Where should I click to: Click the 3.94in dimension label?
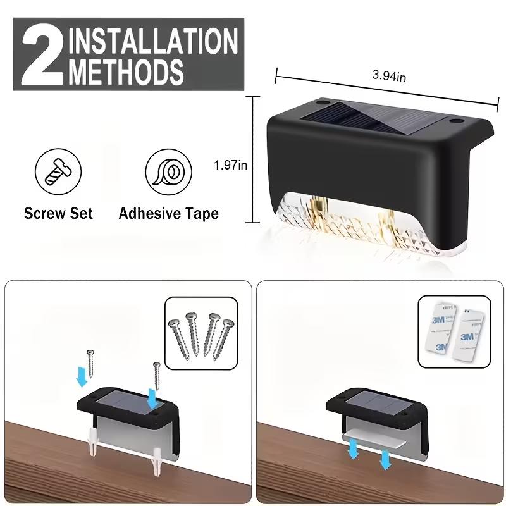tap(388, 76)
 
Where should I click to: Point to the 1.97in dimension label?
tap(230, 165)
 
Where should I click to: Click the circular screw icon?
tap(58, 173)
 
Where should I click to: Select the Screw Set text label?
tap(58, 213)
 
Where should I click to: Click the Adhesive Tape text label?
tap(168, 213)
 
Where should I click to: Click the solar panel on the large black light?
tap(367, 118)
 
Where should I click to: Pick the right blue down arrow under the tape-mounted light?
tap(385, 460)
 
